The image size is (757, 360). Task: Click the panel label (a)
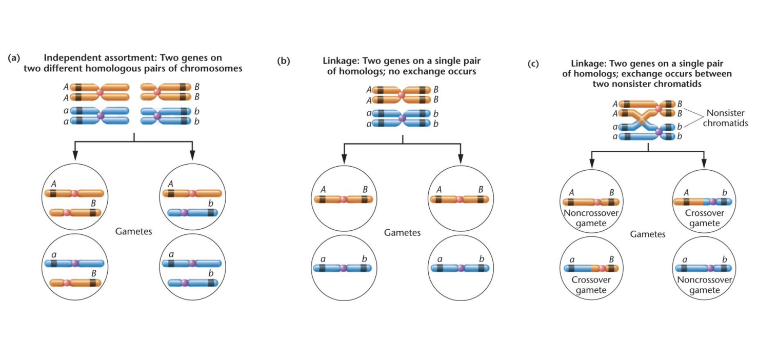click(14, 58)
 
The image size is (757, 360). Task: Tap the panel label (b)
click(283, 61)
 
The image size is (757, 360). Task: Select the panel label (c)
click(533, 64)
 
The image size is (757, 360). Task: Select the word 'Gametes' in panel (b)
click(402, 233)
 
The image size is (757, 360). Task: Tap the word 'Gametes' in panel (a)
click(134, 231)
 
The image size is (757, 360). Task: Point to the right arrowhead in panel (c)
click(703, 163)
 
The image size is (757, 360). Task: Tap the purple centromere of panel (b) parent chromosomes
click(402, 118)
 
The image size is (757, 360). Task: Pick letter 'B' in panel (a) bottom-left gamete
click(93, 273)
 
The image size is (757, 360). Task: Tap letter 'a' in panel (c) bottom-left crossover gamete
click(571, 260)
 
